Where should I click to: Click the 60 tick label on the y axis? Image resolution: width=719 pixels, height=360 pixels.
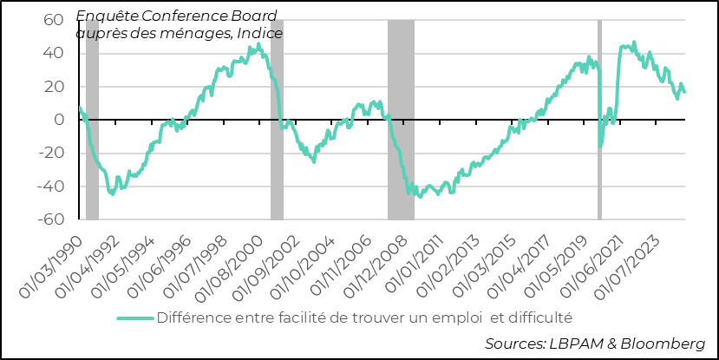(54, 20)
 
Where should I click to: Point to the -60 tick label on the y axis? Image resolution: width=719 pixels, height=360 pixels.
(51, 220)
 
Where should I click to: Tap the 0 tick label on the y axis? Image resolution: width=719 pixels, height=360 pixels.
(59, 121)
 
